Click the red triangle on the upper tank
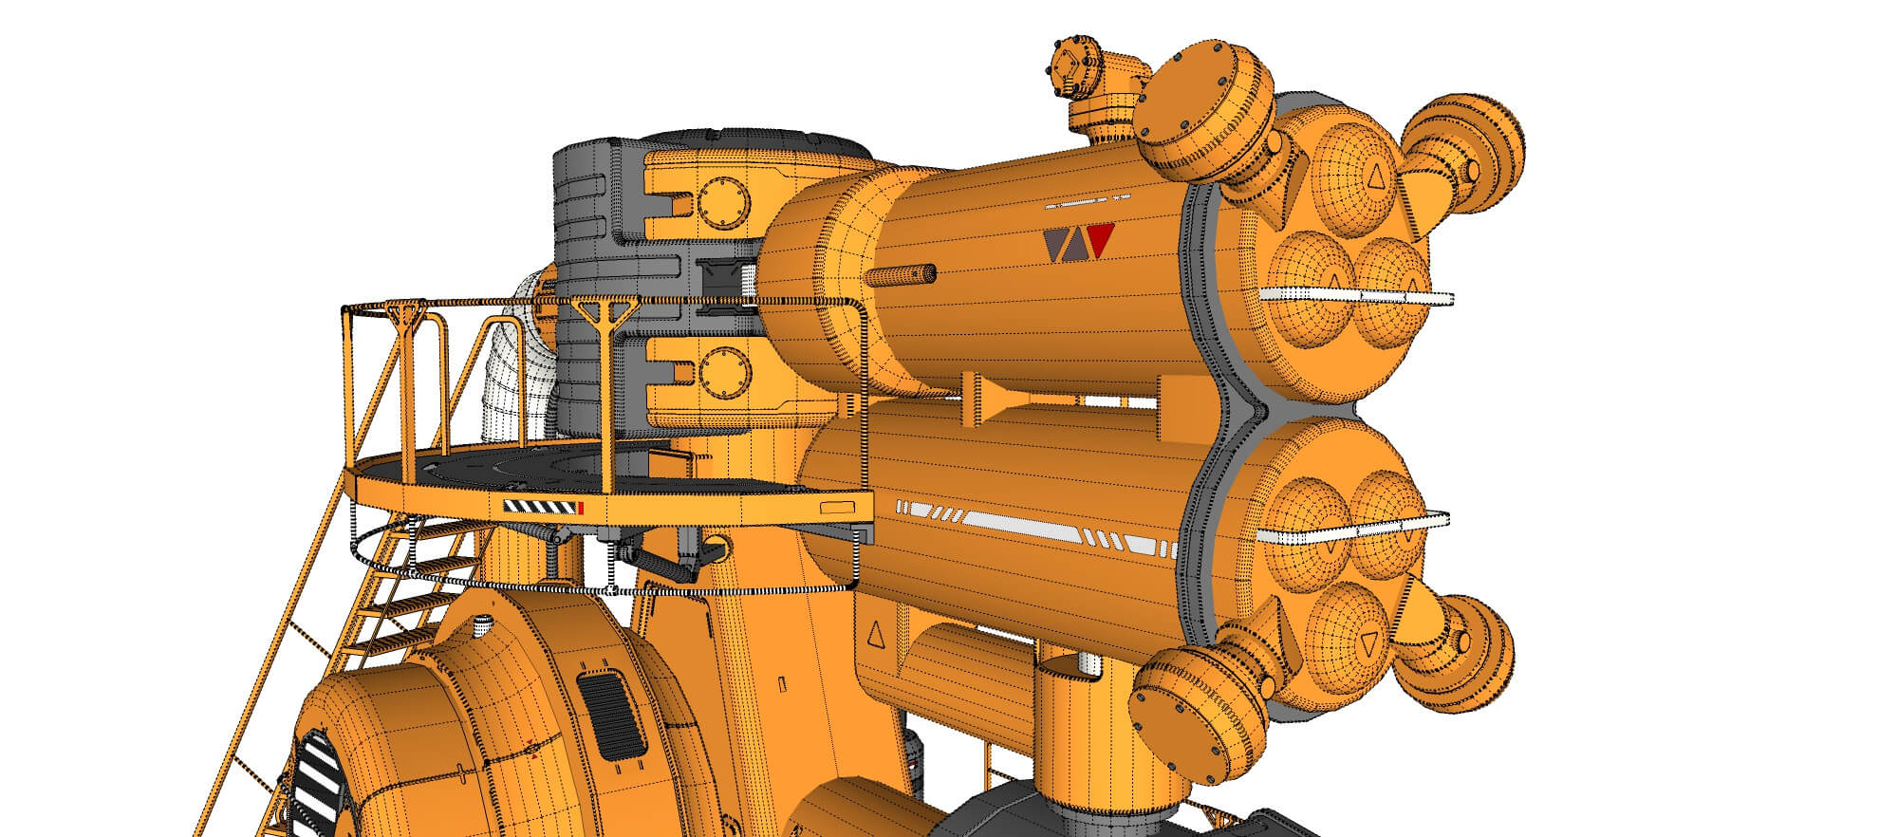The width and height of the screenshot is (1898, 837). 1099,240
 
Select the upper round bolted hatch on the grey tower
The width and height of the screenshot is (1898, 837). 723,202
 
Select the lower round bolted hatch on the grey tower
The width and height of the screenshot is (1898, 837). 725,372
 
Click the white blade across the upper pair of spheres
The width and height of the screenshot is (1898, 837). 1357,295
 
